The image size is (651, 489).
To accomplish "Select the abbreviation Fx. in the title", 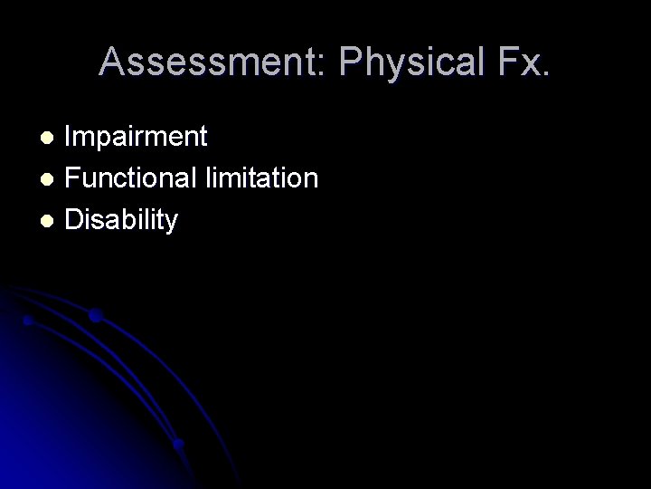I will click(x=520, y=62).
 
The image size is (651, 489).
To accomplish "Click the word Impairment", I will click(x=137, y=137).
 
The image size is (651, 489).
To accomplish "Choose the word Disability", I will click(x=121, y=218).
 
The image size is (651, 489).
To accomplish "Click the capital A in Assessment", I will click(x=113, y=62).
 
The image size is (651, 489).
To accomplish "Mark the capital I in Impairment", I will click(x=70, y=137).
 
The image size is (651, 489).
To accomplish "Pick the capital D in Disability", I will click(x=74, y=218).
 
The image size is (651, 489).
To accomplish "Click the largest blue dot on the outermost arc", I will click(x=95, y=315).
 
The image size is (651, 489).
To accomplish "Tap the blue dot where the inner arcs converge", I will click(x=179, y=444).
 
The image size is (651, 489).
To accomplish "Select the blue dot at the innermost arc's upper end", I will click(x=28, y=320).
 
